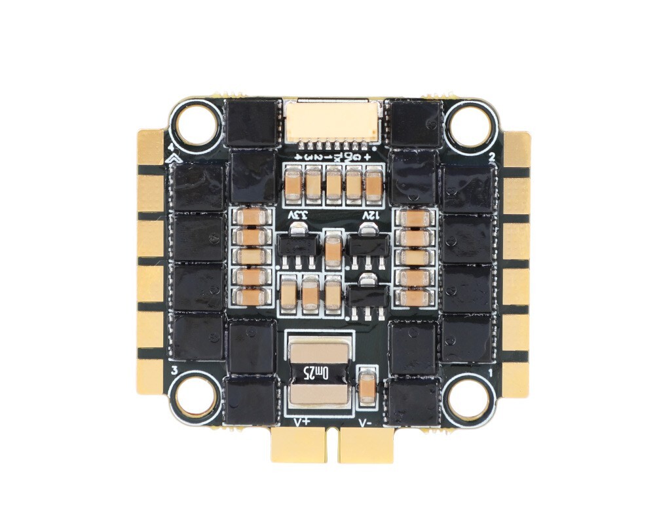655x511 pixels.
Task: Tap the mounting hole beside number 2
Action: point(469,123)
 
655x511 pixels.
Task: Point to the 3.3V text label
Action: point(297,215)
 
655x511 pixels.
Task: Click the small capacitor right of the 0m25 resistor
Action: point(368,385)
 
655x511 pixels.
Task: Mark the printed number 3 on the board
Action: point(174,371)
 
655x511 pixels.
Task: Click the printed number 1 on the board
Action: point(491,371)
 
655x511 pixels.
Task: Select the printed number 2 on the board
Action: point(491,156)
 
